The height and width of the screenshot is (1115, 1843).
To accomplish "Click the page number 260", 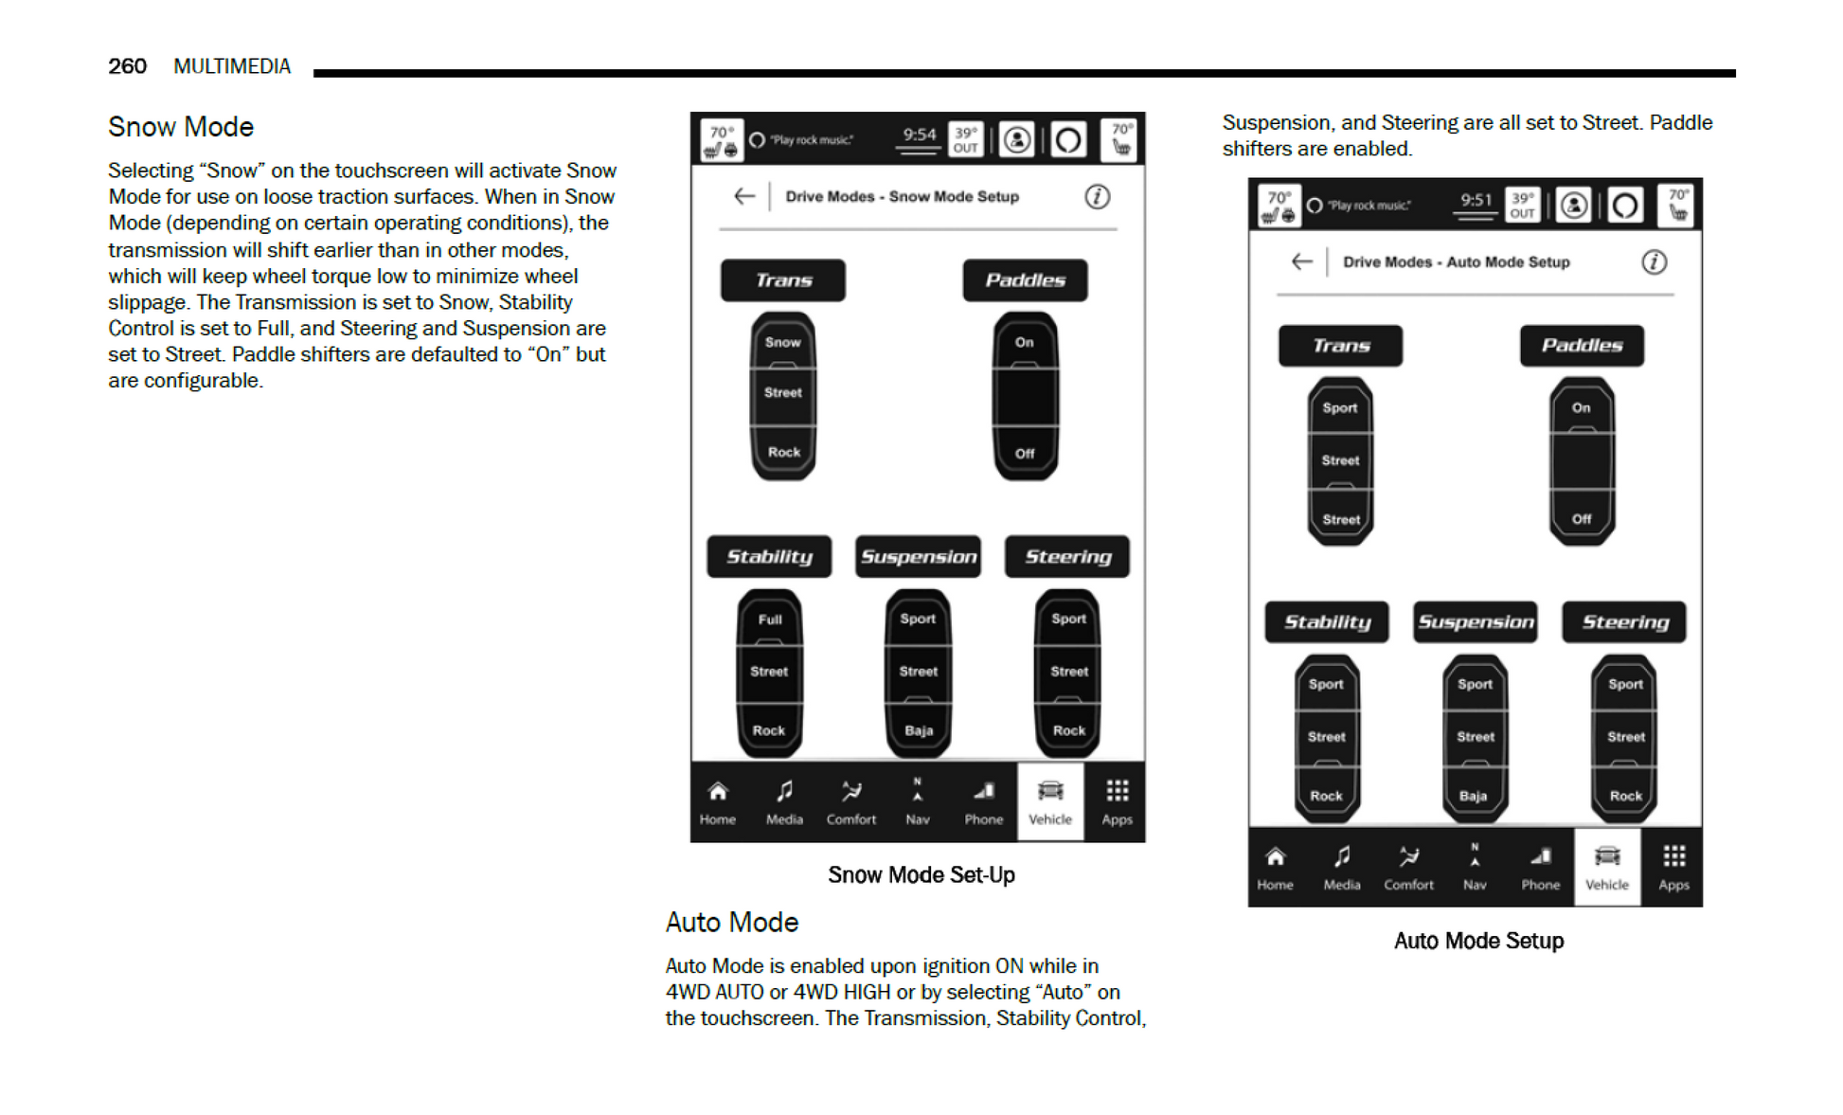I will tap(127, 66).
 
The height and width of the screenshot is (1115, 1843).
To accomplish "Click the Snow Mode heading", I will tap(181, 127).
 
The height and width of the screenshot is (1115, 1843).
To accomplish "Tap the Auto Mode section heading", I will tap(731, 922).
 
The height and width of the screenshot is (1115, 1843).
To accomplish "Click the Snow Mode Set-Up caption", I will tap(921, 874).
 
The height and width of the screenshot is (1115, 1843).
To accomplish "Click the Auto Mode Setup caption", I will tap(1477, 941).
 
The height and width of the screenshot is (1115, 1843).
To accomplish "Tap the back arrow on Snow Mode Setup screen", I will tap(744, 196).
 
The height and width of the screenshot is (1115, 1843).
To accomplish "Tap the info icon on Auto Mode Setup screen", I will tap(1654, 262).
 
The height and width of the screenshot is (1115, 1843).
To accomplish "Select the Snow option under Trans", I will tap(783, 342).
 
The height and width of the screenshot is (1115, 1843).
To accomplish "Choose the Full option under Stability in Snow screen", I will tap(769, 620).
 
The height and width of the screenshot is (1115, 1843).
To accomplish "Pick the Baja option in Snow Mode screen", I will tap(918, 730).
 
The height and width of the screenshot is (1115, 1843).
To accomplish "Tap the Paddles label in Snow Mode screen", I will tap(1025, 280).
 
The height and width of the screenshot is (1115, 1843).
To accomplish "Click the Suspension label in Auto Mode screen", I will tap(1475, 622).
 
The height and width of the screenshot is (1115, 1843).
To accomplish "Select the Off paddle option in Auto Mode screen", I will tap(1581, 519).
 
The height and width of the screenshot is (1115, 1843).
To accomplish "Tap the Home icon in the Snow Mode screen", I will tap(718, 801).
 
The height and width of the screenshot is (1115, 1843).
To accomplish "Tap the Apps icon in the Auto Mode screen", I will tap(1673, 867).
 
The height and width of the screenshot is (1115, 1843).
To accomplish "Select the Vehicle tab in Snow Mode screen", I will tap(1049, 801).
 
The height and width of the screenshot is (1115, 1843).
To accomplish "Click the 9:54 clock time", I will tap(919, 135).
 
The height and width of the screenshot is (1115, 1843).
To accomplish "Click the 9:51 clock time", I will tap(1476, 201).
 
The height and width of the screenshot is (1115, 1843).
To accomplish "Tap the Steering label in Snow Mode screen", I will tap(1067, 557).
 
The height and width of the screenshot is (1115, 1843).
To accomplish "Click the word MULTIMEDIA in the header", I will tap(232, 66).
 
